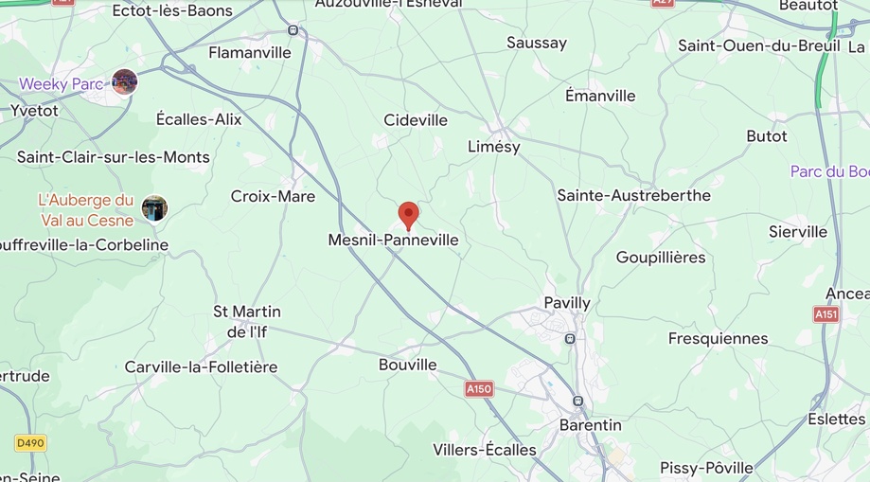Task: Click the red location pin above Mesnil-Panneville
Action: [408, 214]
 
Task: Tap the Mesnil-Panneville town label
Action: [393, 241]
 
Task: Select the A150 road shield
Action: [479, 388]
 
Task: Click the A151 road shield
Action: [826, 313]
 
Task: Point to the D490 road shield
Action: [30, 442]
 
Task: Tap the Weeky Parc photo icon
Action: [124, 82]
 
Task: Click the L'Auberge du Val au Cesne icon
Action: [154, 208]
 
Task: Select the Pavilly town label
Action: [567, 303]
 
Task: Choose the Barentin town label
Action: [590, 425]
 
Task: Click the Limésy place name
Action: [494, 147]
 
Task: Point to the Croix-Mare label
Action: [273, 196]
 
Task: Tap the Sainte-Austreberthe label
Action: [633, 195]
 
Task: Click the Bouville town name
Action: [408, 365]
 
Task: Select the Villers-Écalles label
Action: [484, 450]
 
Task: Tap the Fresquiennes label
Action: [718, 338]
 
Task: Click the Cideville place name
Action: [416, 120]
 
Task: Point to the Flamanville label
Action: [250, 53]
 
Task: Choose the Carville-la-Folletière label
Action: [201, 366]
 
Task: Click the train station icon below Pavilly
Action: [570, 338]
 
